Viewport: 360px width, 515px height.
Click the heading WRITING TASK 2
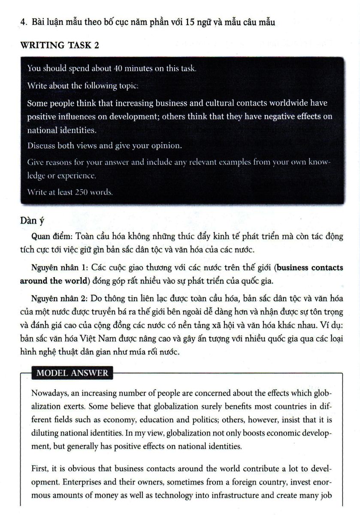tap(60, 45)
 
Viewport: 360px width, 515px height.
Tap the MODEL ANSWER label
tap(72, 373)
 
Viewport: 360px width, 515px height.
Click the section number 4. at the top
tap(24, 22)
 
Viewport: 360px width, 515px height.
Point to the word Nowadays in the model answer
tap(50, 394)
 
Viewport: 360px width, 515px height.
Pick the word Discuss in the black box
tap(41, 145)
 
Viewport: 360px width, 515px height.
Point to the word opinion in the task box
tap(167, 145)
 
